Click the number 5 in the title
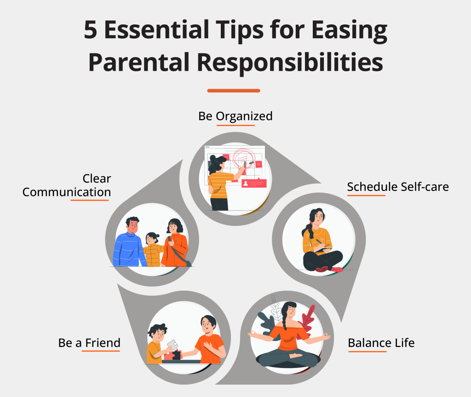91,30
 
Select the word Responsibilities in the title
290,62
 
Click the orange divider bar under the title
234,91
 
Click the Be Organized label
235,116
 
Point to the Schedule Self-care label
398,187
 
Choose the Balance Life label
381,343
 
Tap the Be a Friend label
89,343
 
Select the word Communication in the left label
67,192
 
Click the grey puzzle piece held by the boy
172,345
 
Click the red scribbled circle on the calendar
244,157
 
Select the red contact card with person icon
254,184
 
